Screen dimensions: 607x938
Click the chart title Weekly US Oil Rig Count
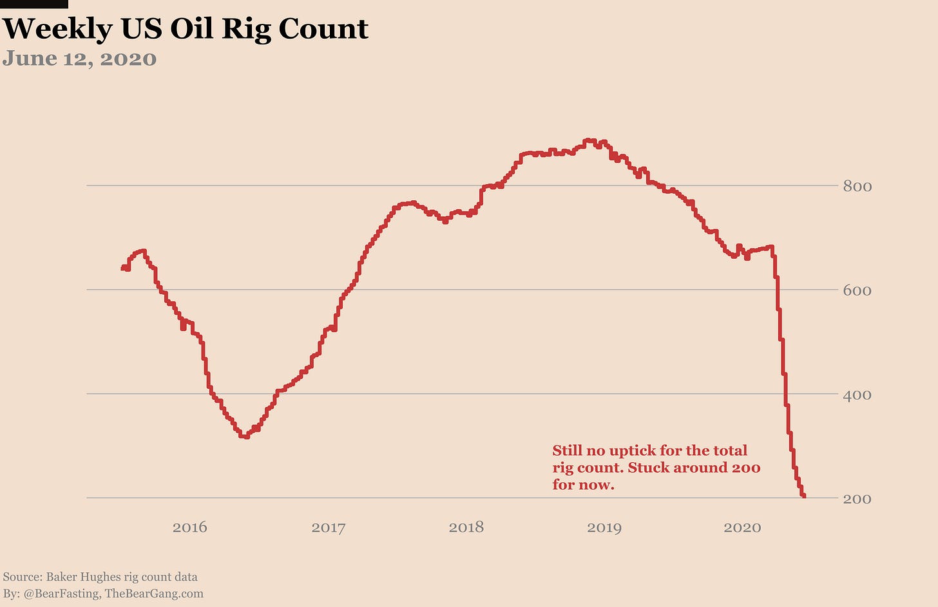(186, 29)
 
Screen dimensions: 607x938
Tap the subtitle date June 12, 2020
(79, 59)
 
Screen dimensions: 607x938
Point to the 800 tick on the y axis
(857, 187)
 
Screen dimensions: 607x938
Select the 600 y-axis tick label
(857, 290)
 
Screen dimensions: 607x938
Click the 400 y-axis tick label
(857, 395)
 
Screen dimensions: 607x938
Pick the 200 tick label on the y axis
(857, 499)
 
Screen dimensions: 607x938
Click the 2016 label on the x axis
(190, 528)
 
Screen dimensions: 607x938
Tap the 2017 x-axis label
(329, 528)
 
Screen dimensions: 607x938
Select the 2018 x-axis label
(466, 528)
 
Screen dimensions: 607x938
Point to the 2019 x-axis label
(604, 528)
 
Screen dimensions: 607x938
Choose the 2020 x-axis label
(742, 528)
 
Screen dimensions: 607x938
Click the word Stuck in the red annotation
(649, 467)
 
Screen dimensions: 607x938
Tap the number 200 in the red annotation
(746, 467)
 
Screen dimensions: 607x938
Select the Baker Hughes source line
(100, 577)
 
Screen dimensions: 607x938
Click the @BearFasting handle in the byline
(61, 593)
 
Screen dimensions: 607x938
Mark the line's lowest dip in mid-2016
(245, 436)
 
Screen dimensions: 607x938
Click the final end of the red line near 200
(803, 496)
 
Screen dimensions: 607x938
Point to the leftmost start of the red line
(122, 268)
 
